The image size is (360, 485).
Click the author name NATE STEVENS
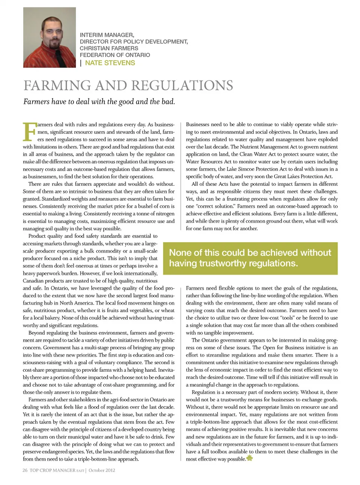tap(110, 63)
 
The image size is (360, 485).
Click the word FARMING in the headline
tap(57, 85)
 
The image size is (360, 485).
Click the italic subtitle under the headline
tap(99, 102)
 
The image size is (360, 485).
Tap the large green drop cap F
tap(29, 131)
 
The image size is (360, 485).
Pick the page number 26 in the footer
tap(25, 470)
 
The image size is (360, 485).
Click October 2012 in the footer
tap(102, 470)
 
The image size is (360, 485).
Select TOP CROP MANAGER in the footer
tap(52, 470)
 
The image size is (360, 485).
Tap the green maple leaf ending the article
tap(250, 458)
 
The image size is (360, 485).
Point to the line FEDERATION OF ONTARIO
tap(115, 55)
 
